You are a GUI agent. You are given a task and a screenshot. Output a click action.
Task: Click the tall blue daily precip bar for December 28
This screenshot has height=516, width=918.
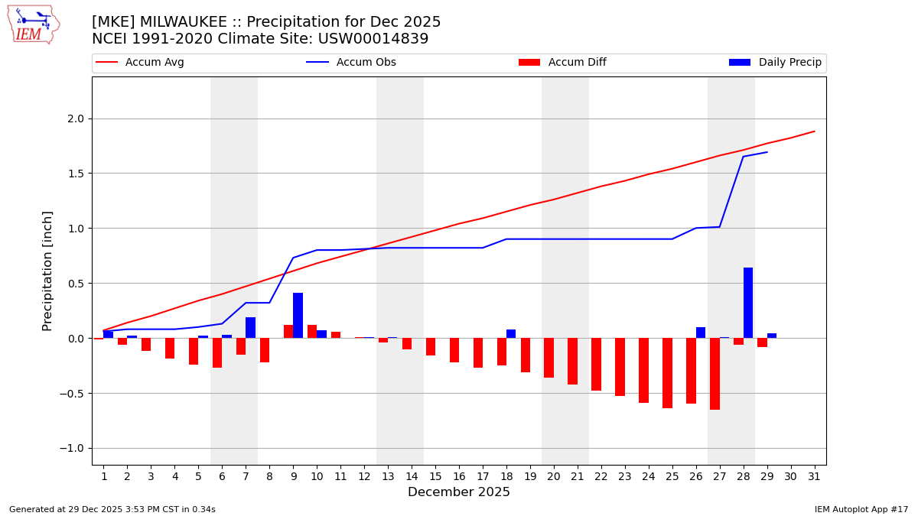748,303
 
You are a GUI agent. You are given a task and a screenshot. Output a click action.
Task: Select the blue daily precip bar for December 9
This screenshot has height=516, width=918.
298,315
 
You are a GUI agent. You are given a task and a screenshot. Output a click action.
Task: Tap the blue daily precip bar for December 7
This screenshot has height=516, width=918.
250,327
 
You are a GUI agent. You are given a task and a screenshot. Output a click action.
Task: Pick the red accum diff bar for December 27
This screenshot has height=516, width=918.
715,374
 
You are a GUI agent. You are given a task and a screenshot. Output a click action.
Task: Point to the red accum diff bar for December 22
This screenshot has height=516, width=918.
596,364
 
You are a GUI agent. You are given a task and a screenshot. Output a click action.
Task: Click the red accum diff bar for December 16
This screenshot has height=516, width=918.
454,350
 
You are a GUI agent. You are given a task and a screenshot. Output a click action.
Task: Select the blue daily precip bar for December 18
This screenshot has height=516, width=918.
511,334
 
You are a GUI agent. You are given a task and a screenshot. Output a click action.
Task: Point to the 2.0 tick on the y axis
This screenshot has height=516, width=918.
75,118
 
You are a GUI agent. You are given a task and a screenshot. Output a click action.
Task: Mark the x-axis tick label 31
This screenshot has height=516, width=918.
814,476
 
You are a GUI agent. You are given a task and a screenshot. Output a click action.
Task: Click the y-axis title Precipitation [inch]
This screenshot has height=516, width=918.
47,271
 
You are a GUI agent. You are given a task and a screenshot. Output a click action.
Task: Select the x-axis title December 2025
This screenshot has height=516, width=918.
459,492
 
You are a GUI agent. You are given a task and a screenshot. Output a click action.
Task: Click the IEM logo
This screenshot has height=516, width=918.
32,24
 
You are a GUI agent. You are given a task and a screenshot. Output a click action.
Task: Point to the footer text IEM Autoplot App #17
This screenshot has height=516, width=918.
861,509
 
